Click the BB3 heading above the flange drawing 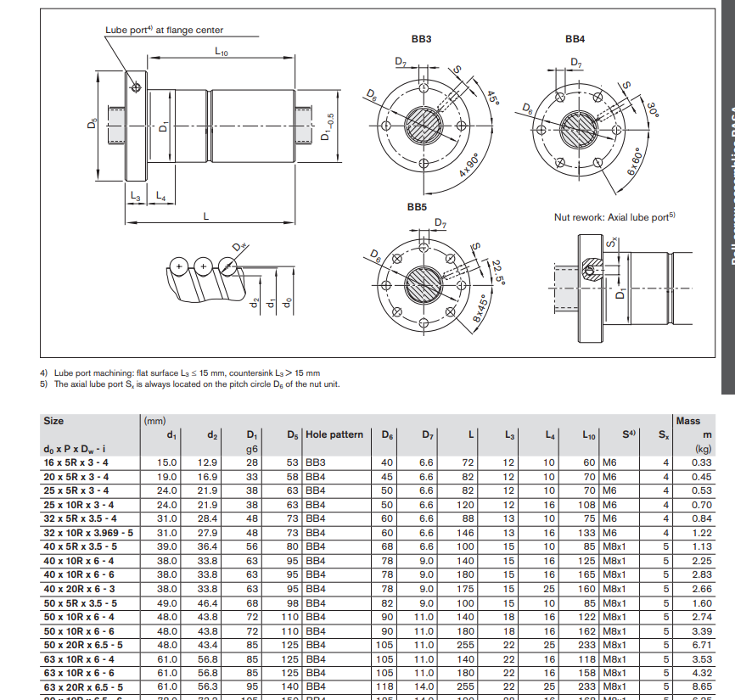point(421,39)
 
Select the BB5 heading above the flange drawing point(417,207)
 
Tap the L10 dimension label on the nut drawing point(222,53)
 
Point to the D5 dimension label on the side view point(92,124)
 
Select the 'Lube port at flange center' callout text point(164,31)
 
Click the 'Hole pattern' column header point(334,434)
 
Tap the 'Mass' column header point(687,420)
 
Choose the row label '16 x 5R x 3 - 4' point(76,462)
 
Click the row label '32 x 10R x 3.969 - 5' point(88,532)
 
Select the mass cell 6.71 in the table point(701,644)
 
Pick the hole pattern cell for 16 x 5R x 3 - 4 point(315,462)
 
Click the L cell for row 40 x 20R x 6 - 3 point(466,588)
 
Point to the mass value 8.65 point(701,686)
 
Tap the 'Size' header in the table point(53,420)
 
